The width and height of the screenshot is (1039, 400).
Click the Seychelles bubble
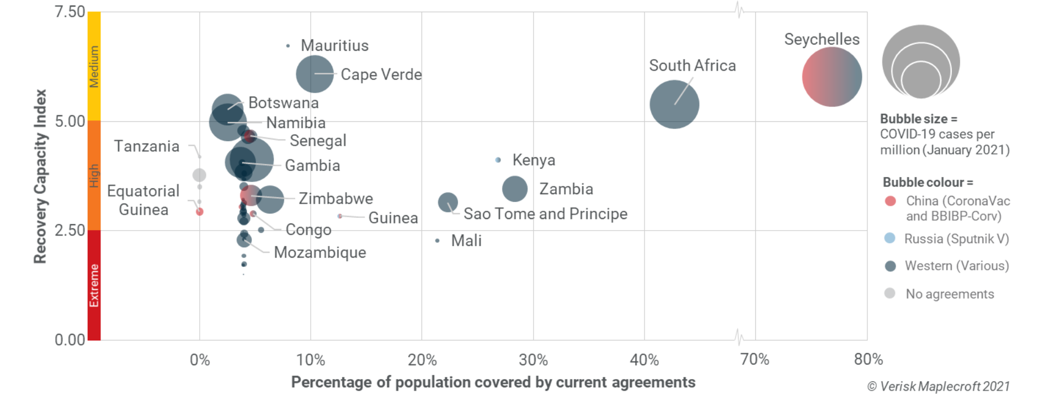tap(832, 77)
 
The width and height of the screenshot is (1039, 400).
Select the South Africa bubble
tap(674, 104)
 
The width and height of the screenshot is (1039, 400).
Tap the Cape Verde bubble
tap(315, 74)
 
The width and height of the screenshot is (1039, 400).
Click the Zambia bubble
tap(515, 189)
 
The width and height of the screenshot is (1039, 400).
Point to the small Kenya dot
tap(498, 160)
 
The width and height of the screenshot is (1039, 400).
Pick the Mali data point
tap(438, 241)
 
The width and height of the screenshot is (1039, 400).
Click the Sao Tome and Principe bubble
tap(447, 202)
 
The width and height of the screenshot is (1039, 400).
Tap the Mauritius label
tap(334, 46)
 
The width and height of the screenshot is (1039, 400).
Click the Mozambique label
tap(320, 253)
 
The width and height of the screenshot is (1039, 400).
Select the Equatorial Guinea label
tap(143, 200)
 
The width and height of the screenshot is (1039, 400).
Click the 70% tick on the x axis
tap(755, 360)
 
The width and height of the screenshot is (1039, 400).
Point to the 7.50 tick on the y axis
tap(70, 12)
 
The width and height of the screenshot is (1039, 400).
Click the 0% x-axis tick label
tap(200, 360)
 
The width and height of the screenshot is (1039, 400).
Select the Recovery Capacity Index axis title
tap(40, 177)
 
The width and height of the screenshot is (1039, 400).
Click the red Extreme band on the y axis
tap(94, 285)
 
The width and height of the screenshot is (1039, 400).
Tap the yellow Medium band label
tap(94, 66)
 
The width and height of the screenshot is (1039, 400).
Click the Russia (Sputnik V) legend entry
tap(956, 239)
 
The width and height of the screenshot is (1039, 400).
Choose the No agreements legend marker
tap(889, 294)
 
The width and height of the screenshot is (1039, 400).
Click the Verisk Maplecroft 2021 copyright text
tap(939, 387)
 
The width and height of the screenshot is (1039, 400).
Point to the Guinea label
tap(393, 218)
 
